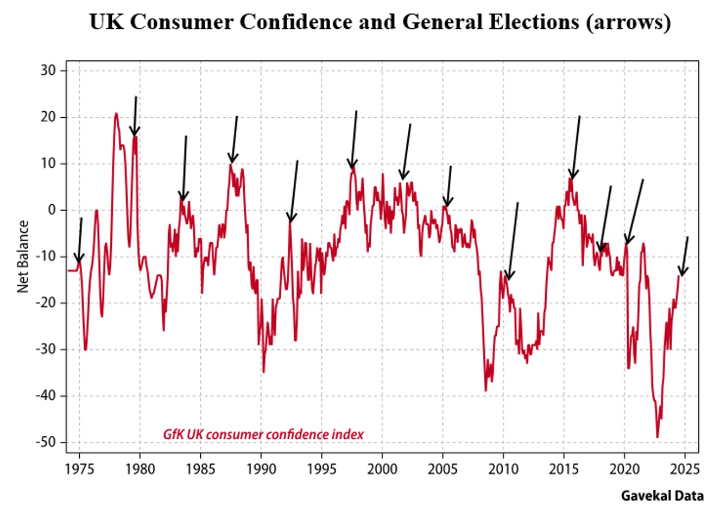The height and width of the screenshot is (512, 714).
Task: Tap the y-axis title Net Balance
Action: coord(23,257)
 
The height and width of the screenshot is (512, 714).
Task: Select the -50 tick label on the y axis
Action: coord(48,443)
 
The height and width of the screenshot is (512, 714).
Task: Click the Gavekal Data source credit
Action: coord(662,495)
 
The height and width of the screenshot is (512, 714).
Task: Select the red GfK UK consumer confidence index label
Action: coord(263,434)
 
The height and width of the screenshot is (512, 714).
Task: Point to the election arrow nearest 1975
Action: coord(79,242)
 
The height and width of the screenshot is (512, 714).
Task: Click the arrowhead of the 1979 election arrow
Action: coord(134,132)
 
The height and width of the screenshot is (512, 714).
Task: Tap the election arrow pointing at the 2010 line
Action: coord(512,242)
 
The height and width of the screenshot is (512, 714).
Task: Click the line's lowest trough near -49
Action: coord(658,437)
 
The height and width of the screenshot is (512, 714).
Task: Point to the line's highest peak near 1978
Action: coord(116,113)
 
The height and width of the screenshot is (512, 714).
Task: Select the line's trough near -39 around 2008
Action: coord(486,390)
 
